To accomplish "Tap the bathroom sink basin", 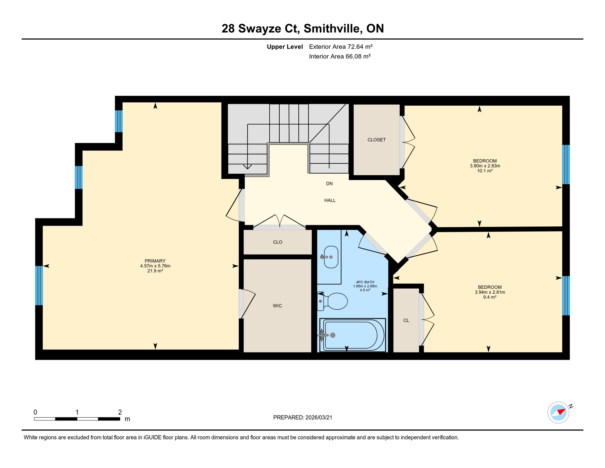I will point(331,257).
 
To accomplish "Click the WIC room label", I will point(277,306).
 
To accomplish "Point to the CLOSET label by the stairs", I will point(376,140).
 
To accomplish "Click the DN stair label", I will point(329,183).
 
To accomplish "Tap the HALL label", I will point(330,200).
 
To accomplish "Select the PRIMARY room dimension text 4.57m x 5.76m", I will point(155,266).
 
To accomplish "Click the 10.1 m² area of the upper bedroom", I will point(485,171).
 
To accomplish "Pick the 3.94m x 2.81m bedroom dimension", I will point(490,292).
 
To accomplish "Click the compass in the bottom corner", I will point(558,412).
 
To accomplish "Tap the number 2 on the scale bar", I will point(120,412).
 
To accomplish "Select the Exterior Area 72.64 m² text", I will point(341,47).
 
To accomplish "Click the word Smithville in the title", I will point(333,28).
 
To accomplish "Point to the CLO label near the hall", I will point(278,242).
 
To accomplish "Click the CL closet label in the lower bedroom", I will point(406,320).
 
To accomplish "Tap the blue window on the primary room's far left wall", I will point(39,285).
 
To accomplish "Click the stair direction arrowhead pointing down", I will point(247,167).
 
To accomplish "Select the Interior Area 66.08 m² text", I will point(340,56).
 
